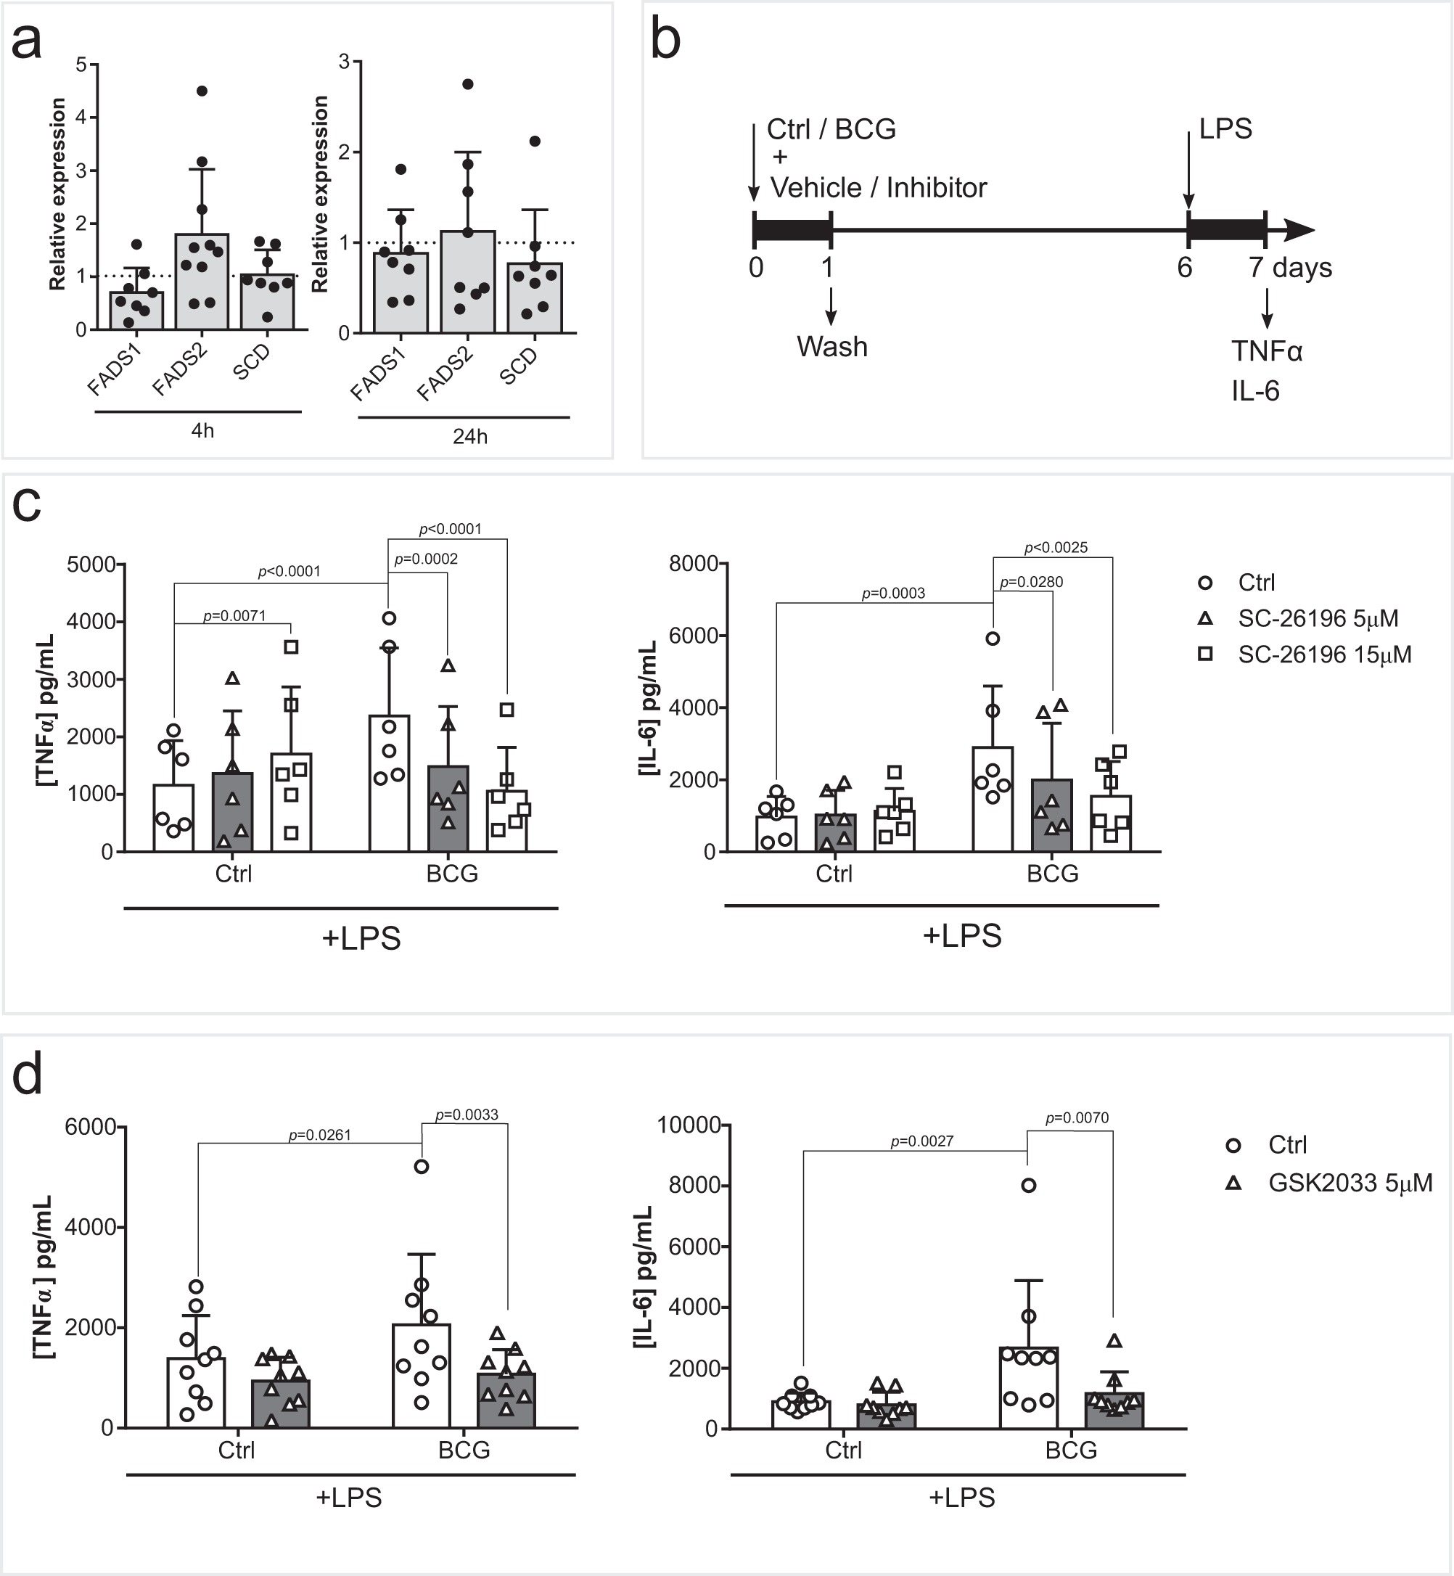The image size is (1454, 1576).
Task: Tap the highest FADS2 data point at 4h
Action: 202,91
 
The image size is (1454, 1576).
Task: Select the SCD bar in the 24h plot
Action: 534,299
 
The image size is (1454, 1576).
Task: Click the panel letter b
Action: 665,41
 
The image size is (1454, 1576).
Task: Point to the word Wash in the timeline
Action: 831,347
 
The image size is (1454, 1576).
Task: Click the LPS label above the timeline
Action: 1225,129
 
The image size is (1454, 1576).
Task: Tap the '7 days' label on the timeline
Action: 1289,268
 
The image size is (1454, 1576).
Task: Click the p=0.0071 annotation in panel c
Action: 234,616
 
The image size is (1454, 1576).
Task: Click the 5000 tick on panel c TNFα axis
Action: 91,564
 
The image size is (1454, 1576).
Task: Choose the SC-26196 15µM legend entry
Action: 1324,654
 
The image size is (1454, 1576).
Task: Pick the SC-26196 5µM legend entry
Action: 1318,618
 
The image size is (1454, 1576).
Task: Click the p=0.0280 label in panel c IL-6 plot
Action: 1031,582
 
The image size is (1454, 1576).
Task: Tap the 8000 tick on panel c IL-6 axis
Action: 693,563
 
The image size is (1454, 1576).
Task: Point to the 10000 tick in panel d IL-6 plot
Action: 689,1125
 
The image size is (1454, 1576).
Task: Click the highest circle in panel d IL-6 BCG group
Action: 1027,1185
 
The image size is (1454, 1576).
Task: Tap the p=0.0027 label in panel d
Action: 921,1141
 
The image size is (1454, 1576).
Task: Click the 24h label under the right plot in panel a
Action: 469,437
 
